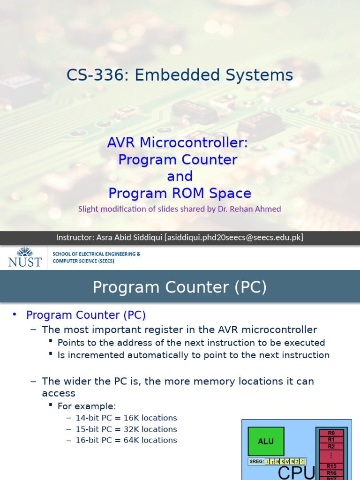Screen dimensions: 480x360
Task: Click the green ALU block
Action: (265, 441)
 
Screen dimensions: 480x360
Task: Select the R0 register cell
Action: (331, 433)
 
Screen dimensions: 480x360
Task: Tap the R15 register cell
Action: (331, 466)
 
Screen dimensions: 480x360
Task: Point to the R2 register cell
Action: (331, 446)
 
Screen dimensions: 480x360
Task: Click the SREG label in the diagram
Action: (256, 462)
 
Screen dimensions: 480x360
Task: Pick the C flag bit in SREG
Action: (302, 462)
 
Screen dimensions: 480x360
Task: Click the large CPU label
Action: (296, 472)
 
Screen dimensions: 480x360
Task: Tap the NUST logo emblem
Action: (24, 251)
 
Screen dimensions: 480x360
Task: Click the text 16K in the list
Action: (134, 418)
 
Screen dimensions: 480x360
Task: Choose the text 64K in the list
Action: (134, 440)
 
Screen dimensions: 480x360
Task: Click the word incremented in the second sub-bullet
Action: (94, 355)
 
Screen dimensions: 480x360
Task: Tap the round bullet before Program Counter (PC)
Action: (15, 315)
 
